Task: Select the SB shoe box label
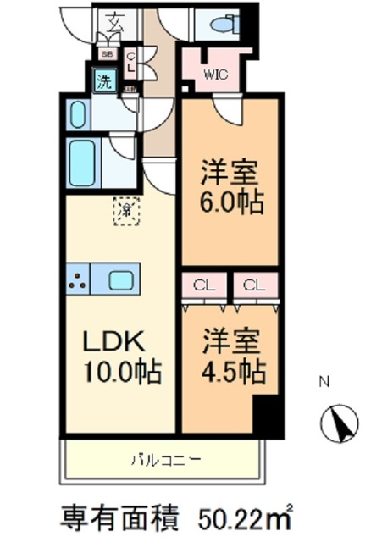pos(108,54)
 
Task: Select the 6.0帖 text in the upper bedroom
pos(230,202)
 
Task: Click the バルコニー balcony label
pos(166,461)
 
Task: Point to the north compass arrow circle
pos(336,421)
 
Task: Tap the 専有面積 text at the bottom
pos(127,515)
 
